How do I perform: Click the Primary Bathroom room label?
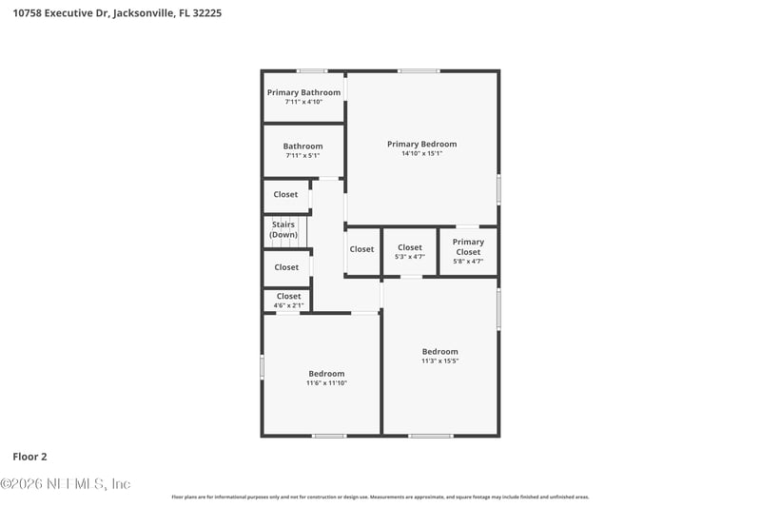coord(303,92)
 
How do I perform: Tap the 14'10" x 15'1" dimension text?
coord(421,153)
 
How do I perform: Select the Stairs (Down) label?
coord(283,229)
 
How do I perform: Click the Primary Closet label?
coord(468,246)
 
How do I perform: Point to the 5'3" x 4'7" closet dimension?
coord(410,257)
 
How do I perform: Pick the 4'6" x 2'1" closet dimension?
coord(288,305)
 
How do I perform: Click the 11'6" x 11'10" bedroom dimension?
coord(326,383)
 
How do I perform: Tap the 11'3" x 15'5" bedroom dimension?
coord(440,361)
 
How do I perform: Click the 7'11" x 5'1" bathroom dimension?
coord(302,155)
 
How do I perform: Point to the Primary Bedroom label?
coord(421,144)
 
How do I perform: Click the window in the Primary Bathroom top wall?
coord(311,70)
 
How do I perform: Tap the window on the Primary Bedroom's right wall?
coord(498,189)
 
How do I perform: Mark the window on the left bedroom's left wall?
coord(263,367)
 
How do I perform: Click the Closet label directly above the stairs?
coord(285,194)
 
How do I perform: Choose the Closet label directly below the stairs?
coord(286,267)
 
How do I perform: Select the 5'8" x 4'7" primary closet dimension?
coord(468,261)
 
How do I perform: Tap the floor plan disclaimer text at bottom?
coord(380,497)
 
